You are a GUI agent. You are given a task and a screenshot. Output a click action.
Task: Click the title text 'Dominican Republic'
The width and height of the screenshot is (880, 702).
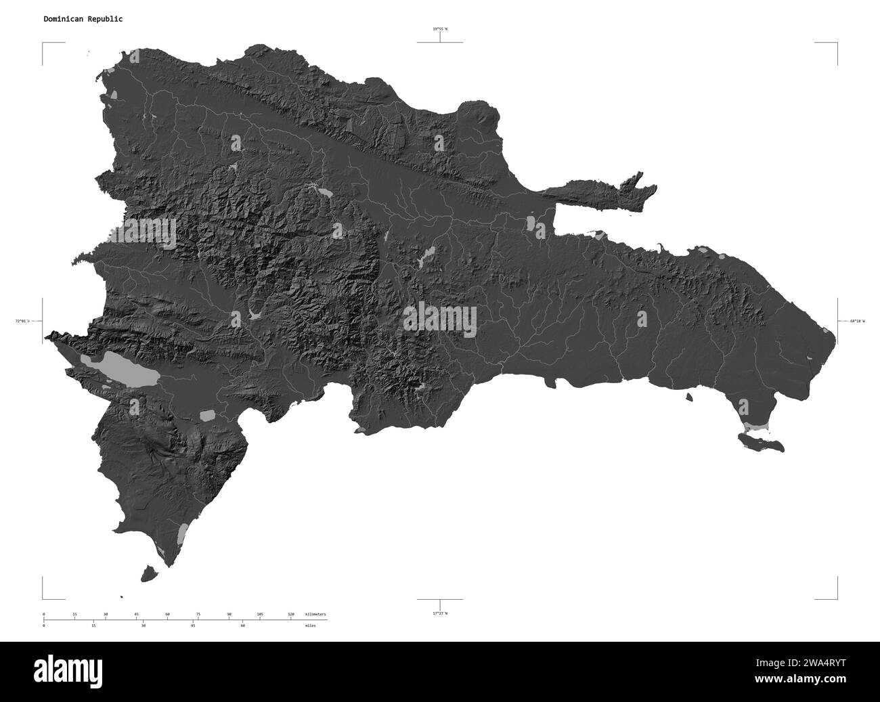point(83,19)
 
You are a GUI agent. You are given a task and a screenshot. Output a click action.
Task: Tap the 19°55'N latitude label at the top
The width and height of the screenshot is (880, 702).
point(440,29)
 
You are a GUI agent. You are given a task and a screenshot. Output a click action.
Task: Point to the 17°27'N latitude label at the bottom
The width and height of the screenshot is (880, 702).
point(440,613)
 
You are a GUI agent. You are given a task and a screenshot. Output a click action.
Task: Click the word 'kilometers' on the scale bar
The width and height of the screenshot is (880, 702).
point(315,614)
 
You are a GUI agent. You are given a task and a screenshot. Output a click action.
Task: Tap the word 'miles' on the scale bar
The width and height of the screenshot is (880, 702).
point(310,626)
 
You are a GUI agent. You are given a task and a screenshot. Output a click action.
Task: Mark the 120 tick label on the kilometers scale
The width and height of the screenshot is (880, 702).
point(290,614)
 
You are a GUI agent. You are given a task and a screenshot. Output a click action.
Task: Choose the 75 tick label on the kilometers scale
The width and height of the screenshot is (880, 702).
point(198,614)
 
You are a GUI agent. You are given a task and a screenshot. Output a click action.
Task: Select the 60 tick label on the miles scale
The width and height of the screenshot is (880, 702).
point(242,626)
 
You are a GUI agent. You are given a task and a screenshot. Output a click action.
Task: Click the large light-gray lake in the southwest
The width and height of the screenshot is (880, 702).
point(119,369)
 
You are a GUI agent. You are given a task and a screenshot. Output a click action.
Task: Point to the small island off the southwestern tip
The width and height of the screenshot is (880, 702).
point(150,573)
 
